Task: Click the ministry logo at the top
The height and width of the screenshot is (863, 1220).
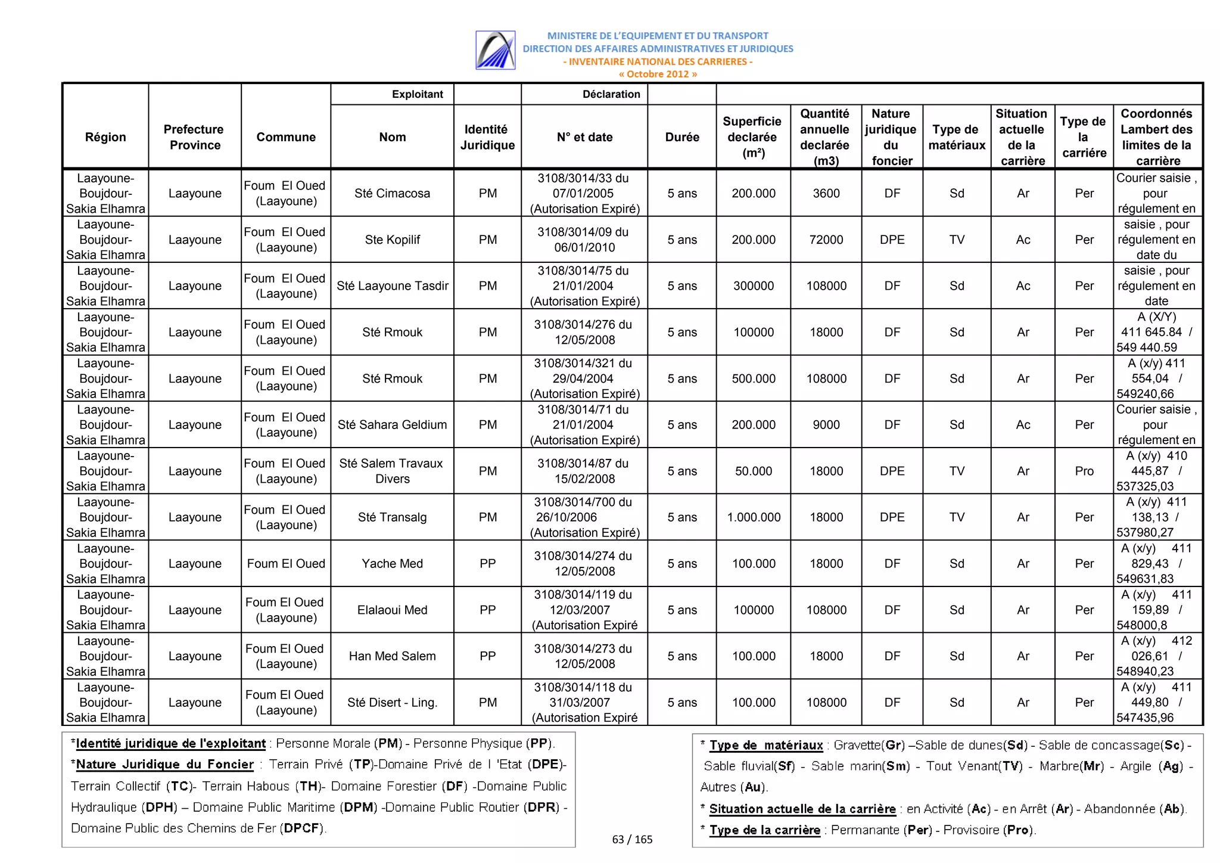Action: click(x=495, y=51)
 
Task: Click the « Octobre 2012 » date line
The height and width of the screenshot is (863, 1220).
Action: click(x=657, y=74)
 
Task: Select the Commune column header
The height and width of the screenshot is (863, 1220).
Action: click(x=286, y=137)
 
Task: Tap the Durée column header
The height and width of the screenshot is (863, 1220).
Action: click(x=681, y=137)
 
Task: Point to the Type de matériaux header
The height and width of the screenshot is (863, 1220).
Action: click(x=956, y=137)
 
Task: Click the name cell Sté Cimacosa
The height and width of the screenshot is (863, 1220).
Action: click(x=392, y=194)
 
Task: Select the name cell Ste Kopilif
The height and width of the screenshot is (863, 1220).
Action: click(x=392, y=240)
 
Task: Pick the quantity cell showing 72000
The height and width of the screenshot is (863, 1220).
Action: click(x=826, y=240)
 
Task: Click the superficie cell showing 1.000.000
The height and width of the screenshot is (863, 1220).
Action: click(x=753, y=517)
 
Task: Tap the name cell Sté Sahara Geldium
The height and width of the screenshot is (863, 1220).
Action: click(x=392, y=425)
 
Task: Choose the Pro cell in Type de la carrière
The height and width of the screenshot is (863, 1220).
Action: click(x=1084, y=471)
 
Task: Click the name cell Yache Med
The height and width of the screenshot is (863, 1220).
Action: click(x=392, y=564)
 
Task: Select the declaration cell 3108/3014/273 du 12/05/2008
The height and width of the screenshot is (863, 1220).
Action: click(x=583, y=656)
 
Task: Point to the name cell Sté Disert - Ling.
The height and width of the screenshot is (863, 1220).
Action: click(x=392, y=703)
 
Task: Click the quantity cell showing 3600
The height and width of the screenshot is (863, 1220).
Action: click(x=826, y=194)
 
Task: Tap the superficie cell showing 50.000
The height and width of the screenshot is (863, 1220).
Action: click(x=753, y=471)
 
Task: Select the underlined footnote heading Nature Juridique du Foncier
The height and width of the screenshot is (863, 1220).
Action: click(x=164, y=765)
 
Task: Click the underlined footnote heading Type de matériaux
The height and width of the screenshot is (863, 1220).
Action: click(x=765, y=746)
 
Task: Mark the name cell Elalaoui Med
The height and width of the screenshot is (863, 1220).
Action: click(x=392, y=610)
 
